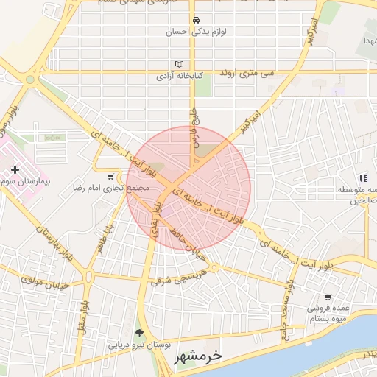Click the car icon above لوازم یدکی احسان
(195, 21)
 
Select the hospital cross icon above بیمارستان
(15, 170)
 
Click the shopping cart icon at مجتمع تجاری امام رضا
(110, 177)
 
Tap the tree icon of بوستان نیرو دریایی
(140, 333)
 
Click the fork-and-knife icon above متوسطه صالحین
(362, 178)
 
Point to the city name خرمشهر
(197, 357)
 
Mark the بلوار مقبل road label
(85, 312)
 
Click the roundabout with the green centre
(30, 79)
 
